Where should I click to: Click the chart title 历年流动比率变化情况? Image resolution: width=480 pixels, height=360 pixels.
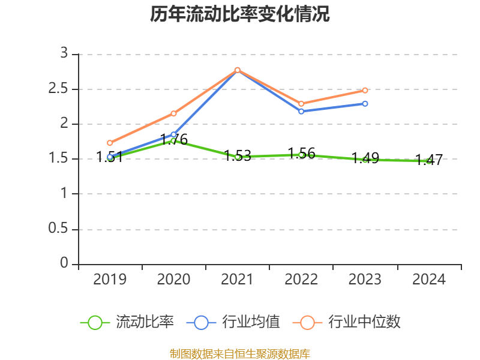coord(240,14)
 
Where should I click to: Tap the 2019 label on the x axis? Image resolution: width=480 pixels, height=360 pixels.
coord(110,280)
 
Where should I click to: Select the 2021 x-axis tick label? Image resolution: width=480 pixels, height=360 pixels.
coord(238,280)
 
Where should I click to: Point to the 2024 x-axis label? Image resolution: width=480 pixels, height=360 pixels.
coord(429,280)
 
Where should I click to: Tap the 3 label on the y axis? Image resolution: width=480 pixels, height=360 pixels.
coord(64,54)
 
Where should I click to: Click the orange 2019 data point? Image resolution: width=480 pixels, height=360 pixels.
coord(110,143)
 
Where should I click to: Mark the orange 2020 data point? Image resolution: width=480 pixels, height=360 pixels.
coord(173,113)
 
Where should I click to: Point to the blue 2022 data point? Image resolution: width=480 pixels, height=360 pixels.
coord(301,111)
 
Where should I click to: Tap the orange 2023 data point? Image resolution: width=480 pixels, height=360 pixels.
coord(365,90)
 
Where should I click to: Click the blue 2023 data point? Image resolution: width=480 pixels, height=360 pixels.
coord(365,104)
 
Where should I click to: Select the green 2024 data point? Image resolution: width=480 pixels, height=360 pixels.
coord(429,161)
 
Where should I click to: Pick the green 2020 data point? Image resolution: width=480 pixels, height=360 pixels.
coord(173,140)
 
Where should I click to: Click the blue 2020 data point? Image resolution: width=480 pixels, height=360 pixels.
coord(173,135)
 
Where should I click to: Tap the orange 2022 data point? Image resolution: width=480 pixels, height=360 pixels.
coord(301,104)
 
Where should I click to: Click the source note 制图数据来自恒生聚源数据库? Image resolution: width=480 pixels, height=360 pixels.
coord(240,353)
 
